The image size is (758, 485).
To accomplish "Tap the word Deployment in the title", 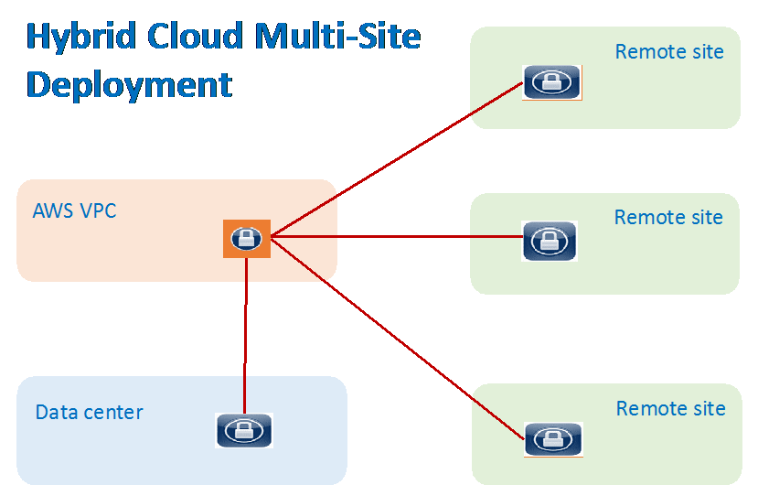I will tap(129, 85).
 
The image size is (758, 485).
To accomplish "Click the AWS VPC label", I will tap(74, 210).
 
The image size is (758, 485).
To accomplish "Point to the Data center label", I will tap(89, 412).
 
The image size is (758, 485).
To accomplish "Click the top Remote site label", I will tap(669, 51).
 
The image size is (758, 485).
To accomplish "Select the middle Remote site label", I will tap(668, 217).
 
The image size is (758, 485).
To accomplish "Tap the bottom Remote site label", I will tap(670, 408).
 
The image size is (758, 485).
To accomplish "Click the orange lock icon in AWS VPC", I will tap(247, 239).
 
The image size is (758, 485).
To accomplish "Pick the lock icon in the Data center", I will tap(244, 430).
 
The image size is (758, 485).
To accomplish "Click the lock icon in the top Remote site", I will tap(551, 82).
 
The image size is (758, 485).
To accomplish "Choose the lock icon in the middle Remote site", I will tap(550, 241).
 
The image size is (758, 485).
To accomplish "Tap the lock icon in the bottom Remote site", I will tap(553, 438).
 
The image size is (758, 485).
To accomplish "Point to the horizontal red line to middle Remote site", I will tap(393, 237).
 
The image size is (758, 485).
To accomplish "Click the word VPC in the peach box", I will tap(97, 210).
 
